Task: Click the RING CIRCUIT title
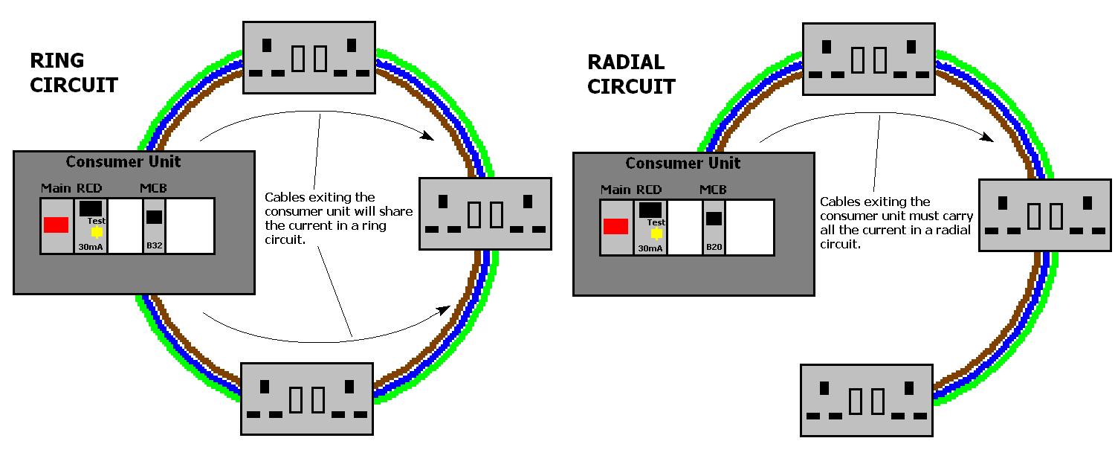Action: pos(73,73)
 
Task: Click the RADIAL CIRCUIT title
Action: pos(630,74)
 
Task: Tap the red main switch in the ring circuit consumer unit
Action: pos(56,225)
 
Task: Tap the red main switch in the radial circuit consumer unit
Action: pos(615,226)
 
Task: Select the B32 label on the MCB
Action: pos(154,245)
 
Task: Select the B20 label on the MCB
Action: pos(714,247)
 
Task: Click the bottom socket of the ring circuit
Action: pos(307,399)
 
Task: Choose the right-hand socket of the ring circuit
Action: pos(485,214)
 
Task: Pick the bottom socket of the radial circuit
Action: pos(866,400)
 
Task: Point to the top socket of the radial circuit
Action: pos(868,58)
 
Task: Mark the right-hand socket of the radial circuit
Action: pos(1045,216)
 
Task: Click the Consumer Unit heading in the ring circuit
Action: pos(123,162)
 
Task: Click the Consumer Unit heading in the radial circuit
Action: pos(683,164)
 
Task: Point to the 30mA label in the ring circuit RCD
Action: pos(90,246)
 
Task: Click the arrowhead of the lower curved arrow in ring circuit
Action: pos(447,307)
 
